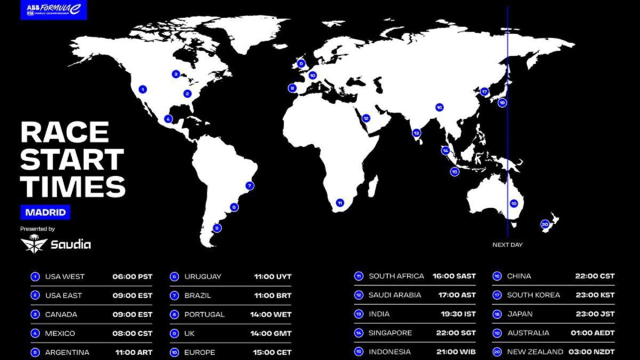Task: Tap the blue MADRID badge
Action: coord(46,212)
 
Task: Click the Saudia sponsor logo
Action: coord(55,244)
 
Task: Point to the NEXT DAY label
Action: coord(507,245)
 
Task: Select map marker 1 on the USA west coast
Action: coord(142,90)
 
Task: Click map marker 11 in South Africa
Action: coord(339,203)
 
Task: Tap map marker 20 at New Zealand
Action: coord(545,224)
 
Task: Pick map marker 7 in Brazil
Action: coord(249,186)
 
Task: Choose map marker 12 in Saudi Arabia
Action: coord(366,118)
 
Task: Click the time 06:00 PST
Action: coord(132,276)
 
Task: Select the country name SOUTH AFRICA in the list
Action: coord(396,276)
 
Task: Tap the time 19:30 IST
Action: coord(454,314)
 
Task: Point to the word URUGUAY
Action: coord(203,276)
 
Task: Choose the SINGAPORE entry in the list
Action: coord(390,333)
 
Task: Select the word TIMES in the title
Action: coord(73,186)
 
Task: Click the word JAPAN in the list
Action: coord(520,314)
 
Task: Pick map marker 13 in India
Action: coord(417,133)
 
